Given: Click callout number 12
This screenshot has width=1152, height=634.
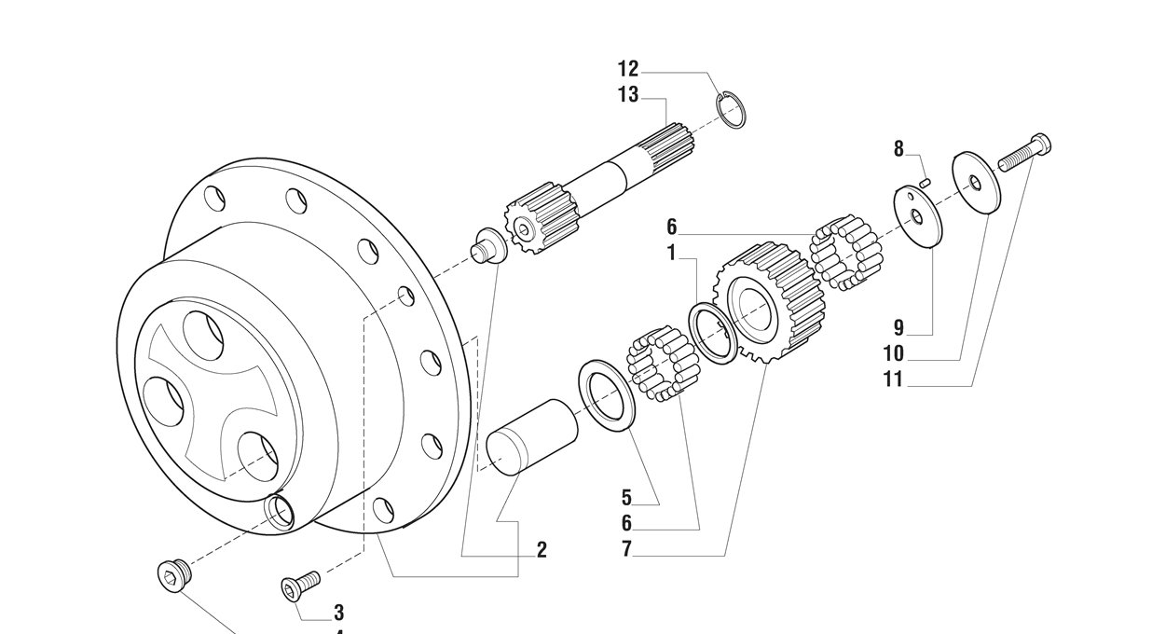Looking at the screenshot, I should [628, 69].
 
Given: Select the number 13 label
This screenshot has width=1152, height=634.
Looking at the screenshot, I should [628, 94].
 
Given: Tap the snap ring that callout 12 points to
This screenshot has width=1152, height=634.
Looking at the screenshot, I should [732, 110].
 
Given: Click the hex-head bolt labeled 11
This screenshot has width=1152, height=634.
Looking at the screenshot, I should [1024, 152].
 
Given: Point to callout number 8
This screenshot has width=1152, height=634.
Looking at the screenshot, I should [898, 148].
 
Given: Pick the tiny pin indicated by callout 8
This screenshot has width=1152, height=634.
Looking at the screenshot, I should [926, 182].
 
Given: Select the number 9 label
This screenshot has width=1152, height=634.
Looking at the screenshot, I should [898, 327].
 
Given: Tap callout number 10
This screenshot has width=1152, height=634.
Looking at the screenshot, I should [894, 353].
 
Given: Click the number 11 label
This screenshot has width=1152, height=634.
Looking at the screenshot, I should [894, 379].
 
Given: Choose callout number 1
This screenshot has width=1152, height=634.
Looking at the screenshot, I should [671, 253].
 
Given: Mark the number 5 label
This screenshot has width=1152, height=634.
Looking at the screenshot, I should [626, 498].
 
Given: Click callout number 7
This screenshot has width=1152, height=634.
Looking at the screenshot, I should [626, 550].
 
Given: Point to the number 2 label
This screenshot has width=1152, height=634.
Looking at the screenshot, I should [541, 550].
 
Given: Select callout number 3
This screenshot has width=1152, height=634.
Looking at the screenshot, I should [339, 613].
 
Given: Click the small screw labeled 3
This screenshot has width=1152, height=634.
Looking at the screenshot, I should [300, 586].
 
